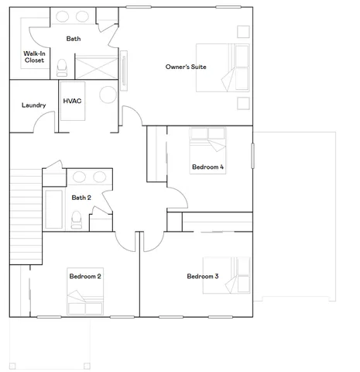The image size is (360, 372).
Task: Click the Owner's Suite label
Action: pos(186,67)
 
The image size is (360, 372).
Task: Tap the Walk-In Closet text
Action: pos(33,57)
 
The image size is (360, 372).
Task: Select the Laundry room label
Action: pos(33,105)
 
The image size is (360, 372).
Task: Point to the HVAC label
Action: pos(73,101)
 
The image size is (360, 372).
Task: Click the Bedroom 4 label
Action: pos(207,167)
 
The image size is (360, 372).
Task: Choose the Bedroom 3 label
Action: pos(203,276)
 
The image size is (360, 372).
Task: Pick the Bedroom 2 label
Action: pos(86,275)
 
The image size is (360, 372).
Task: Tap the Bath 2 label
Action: pos(81,198)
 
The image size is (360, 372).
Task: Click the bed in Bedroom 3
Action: pos(229,276)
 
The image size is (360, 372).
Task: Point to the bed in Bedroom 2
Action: pos(84,298)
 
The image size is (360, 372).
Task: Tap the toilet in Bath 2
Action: pos(76,221)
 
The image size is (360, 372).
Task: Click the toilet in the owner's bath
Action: pos(63,67)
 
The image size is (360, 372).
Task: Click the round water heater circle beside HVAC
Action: pos(108,96)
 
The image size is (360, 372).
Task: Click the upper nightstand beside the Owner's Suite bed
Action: pos(243,32)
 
